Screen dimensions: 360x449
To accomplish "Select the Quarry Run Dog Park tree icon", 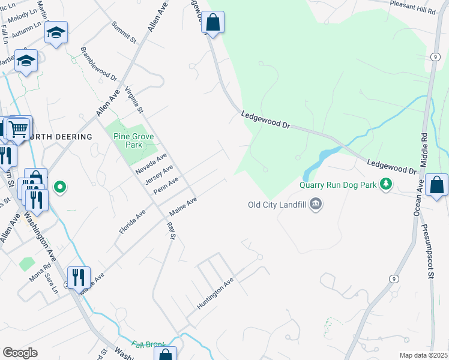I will [388, 184].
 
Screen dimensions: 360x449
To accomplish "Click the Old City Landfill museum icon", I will [316, 205].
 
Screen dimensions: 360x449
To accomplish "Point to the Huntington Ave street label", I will [215, 294].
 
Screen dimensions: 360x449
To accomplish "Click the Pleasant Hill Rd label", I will [412, 11].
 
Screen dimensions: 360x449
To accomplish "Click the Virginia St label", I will [134, 100].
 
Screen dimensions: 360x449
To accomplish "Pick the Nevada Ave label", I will [151, 163].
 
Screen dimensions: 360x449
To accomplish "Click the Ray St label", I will [170, 231].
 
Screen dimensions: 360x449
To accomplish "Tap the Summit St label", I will [124, 32].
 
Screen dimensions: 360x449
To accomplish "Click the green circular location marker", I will [59, 187].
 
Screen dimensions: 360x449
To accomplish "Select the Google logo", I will [20, 353].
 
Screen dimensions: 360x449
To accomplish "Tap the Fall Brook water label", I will [148, 344].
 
